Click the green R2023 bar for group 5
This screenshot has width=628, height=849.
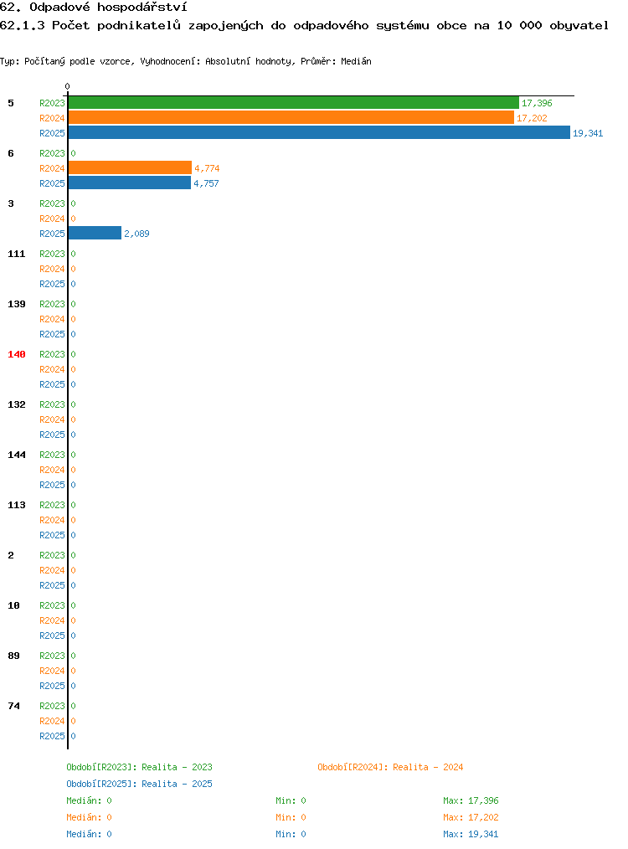pyautogui.click(x=293, y=103)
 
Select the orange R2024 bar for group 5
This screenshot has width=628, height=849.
pyautogui.click(x=291, y=117)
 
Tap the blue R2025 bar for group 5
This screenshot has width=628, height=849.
pyautogui.click(x=319, y=132)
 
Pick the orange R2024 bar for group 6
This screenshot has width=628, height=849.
pyautogui.click(x=130, y=167)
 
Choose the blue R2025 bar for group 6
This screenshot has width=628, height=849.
pyautogui.click(x=130, y=183)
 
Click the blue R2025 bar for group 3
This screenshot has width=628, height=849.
pyautogui.click(x=95, y=234)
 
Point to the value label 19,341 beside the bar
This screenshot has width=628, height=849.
pyautogui.click(x=588, y=133)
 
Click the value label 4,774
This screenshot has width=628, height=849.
pyautogui.click(x=207, y=168)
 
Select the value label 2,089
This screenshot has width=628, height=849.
pyautogui.click(x=136, y=234)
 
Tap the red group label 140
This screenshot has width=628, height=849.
pyautogui.click(x=16, y=354)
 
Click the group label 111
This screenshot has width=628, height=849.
pyautogui.click(x=16, y=254)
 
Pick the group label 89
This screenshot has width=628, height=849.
pyautogui.click(x=13, y=656)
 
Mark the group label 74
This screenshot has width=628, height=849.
pyautogui.click(x=13, y=706)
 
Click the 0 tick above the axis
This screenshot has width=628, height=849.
pyautogui.click(x=67, y=86)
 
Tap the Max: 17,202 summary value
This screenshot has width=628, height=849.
pyautogui.click(x=471, y=817)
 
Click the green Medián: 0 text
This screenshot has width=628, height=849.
pyautogui.click(x=89, y=800)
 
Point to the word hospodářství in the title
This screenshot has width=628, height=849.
pyautogui.click(x=142, y=8)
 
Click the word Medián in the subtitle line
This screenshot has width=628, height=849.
pyautogui.click(x=356, y=61)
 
